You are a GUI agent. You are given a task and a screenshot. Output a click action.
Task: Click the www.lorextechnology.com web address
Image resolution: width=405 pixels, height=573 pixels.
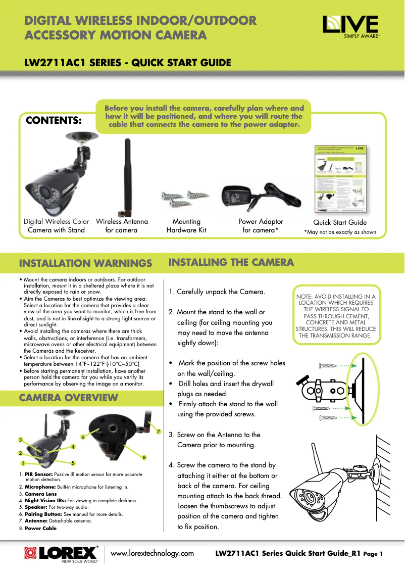[x=152, y=553]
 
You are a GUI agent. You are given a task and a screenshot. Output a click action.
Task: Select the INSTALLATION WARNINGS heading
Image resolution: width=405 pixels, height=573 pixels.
[x=85, y=263]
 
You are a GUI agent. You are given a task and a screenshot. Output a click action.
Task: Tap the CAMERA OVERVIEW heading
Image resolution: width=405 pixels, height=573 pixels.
[x=68, y=398]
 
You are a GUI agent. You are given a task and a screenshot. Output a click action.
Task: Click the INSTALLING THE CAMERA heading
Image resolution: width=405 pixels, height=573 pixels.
[x=231, y=262]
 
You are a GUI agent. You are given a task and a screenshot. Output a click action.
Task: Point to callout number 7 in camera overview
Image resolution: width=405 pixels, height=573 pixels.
[x=159, y=432]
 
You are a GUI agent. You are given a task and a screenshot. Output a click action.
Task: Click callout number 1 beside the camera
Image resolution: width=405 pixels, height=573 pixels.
[x=23, y=463]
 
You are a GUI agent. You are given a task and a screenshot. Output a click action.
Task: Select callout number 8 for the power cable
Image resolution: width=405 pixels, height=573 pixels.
[x=144, y=458]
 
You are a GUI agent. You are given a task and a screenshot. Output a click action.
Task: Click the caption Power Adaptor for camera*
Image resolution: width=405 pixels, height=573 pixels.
[x=261, y=226]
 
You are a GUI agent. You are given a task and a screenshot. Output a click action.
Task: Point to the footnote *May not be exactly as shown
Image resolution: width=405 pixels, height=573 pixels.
[x=339, y=232]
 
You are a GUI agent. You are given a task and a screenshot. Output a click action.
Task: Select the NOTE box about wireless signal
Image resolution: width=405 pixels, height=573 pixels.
[x=336, y=316]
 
